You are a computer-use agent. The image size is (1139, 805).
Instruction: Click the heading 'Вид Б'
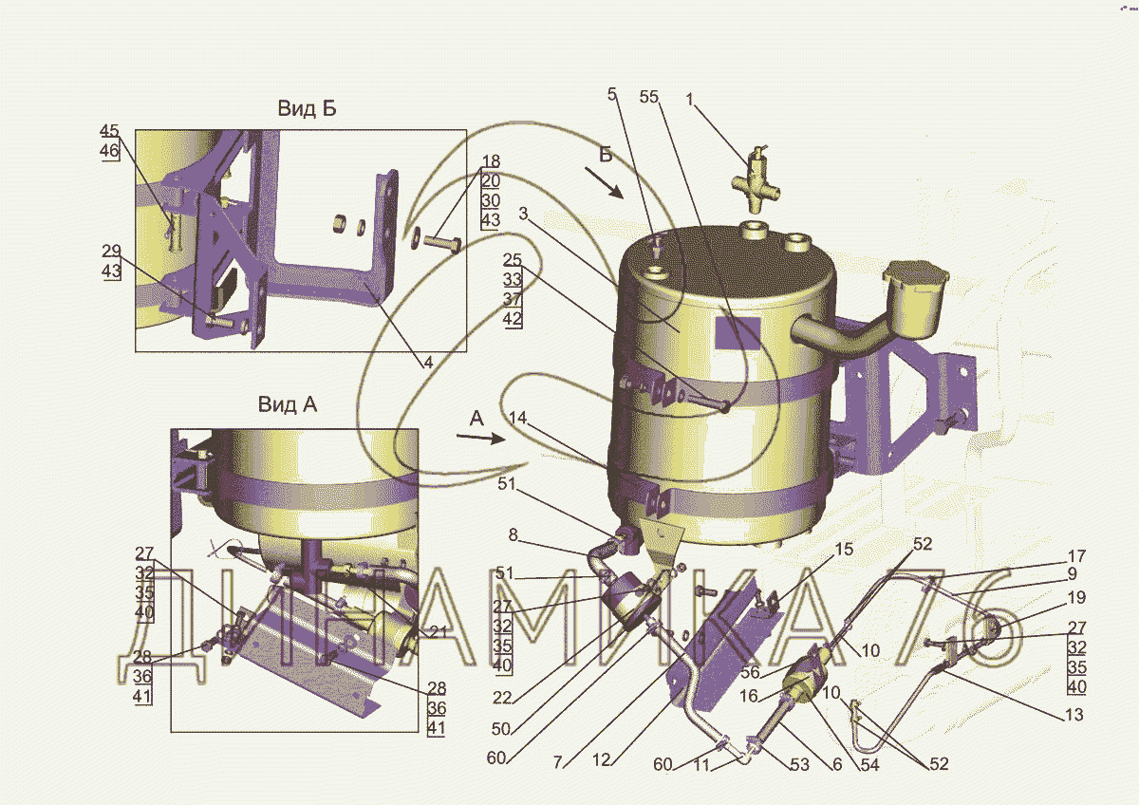click(307, 108)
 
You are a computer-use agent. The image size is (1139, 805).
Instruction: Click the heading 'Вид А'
click(288, 404)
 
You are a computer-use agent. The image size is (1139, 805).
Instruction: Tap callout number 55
click(649, 97)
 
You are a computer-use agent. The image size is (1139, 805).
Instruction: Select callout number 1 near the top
click(689, 99)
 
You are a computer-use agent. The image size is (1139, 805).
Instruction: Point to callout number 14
click(517, 418)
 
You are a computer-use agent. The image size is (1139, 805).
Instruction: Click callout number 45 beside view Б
click(109, 130)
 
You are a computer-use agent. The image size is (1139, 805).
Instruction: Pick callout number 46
click(109, 151)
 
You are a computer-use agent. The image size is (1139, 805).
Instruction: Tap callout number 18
click(491, 161)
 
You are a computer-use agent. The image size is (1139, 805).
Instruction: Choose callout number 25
click(512, 260)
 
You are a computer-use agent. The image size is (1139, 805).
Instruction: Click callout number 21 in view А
click(439, 632)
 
